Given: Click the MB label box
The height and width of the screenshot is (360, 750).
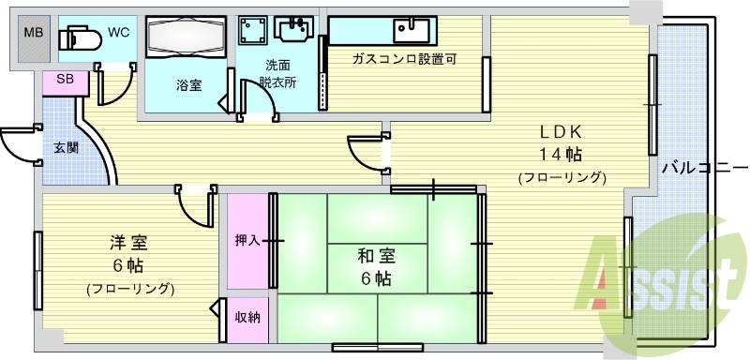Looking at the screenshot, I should [33, 34].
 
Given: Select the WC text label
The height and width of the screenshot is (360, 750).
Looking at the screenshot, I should [118, 32].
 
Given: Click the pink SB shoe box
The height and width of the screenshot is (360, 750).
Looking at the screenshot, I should [66, 81].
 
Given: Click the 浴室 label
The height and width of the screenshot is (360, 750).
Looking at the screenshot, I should [189, 84].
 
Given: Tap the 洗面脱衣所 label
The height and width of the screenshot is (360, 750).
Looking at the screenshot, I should [277, 73].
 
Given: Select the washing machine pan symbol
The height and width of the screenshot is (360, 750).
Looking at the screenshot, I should [250, 31].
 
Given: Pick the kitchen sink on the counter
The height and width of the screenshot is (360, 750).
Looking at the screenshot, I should [411, 31].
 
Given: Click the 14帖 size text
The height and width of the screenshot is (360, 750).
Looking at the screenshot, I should [561, 154].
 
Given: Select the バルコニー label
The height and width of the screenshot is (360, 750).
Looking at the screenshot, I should [697, 169].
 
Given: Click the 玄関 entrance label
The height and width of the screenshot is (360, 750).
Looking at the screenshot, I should [66, 147].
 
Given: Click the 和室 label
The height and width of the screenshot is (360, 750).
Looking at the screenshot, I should [374, 255].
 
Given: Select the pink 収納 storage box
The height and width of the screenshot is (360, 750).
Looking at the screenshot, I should [247, 316].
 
